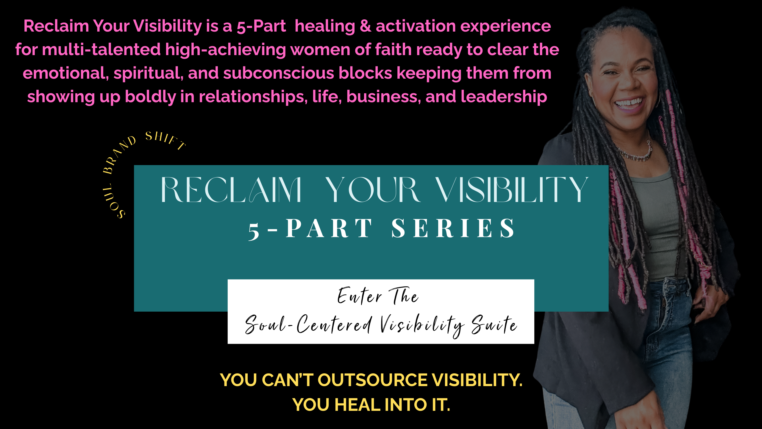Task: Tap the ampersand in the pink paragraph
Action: pyautogui.click(x=366, y=26)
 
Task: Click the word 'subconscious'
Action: pyautogui.click(x=279, y=73)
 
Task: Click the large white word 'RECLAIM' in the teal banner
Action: pyautogui.click(x=231, y=190)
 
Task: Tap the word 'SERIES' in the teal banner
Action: pyautogui.click(x=453, y=228)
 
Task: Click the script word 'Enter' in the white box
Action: pyautogui.click(x=360, y=296)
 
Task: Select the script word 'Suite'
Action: pyautogui.click(x=494, y=324)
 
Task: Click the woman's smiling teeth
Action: pyautogui.click(x=629, y=103)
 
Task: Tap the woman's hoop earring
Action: pyautogui.click(x=657, y=100)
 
